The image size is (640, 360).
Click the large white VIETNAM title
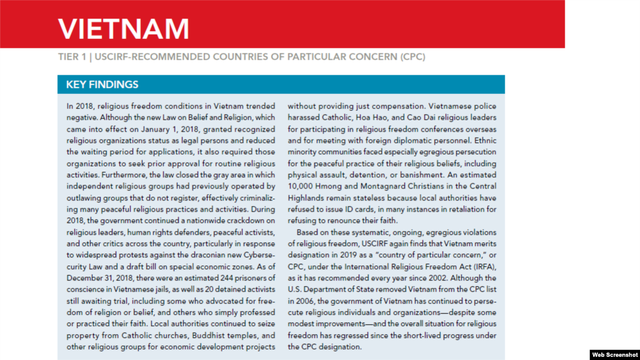(x=123, y=29)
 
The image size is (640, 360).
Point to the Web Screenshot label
(x=614, y=354)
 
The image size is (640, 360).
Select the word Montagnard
(x=384, y=186)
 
